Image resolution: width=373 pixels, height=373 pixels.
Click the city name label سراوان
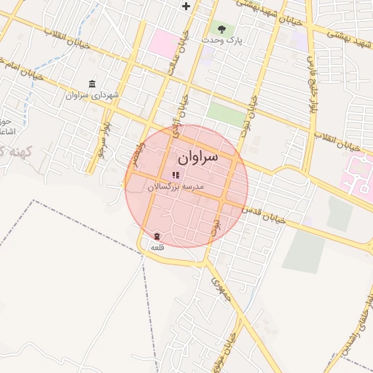[197, 157]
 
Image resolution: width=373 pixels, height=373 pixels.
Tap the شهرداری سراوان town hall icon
[92, 85]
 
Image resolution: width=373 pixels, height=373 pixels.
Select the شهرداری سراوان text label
[87, 95]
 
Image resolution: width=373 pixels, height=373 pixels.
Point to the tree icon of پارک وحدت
[221, 30]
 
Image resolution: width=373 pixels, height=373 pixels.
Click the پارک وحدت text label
[222, 42]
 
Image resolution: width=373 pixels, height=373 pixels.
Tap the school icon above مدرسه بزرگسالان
[175, 175]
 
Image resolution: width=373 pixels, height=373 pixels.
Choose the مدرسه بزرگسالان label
[176, 187]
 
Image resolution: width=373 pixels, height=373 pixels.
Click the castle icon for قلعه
[157, 236]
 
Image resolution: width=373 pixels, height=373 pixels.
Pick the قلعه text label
[157, 248]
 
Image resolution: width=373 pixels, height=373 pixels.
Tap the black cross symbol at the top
[186, 7]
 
